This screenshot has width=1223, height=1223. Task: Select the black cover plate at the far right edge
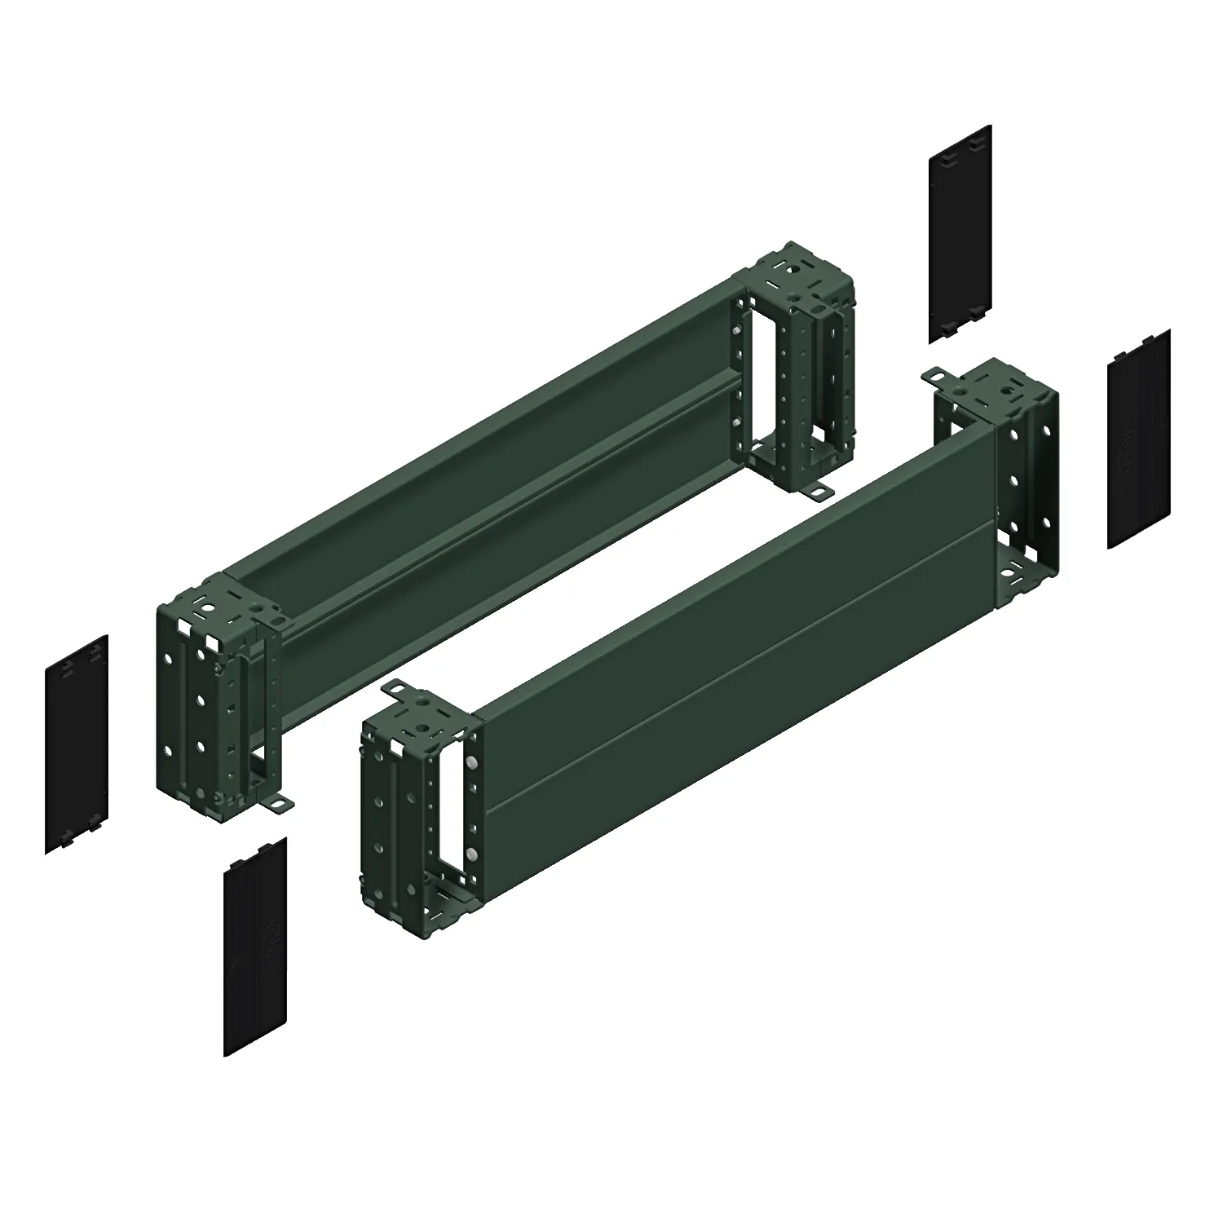1139,439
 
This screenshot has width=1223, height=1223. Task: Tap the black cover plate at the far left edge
77,744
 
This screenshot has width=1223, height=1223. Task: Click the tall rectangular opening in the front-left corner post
447,807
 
